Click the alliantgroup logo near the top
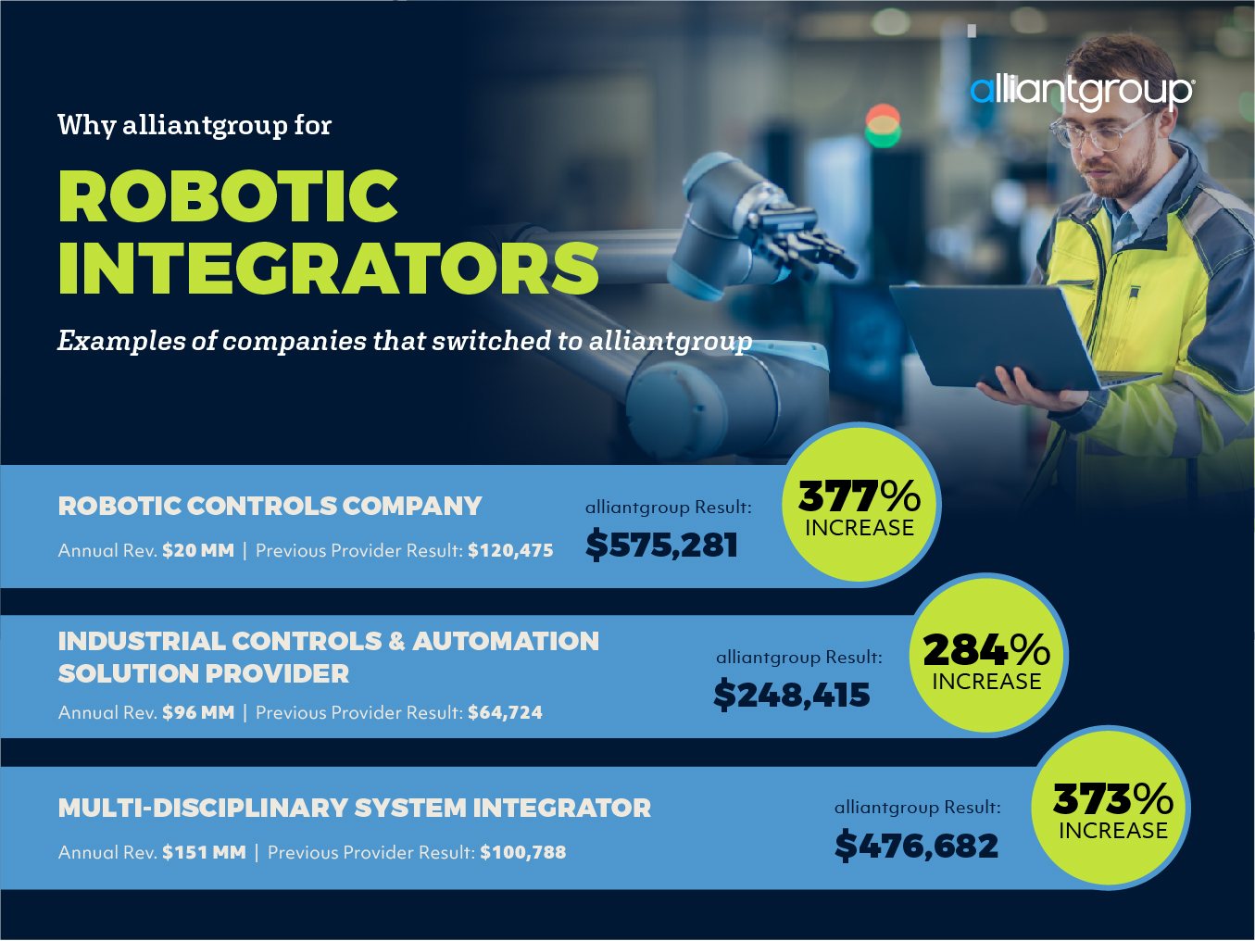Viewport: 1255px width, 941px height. tap(1081, 92)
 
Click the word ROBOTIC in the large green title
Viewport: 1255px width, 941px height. tap(228, 196)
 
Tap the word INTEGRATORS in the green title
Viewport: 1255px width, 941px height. tap(329, 268)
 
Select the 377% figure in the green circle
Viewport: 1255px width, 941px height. tap(859, 496)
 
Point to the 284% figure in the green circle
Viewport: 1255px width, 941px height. tap(986, 649)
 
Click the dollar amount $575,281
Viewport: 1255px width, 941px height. tap(661, 545)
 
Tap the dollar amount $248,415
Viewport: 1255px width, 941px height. tap(792, 696)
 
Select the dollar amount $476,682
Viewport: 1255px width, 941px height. tap(917, 846)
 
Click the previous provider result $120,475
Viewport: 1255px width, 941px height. tap(510, 550)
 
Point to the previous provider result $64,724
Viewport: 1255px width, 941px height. tap(506, 712)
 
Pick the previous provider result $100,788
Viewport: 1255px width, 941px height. tap(523, 852)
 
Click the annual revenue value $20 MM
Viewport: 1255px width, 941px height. tap(198, 550)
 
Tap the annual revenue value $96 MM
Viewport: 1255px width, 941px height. tap(198, 712)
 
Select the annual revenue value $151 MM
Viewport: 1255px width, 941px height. tap(204, 852)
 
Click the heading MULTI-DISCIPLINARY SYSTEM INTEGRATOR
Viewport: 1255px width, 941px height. tap(355, 808)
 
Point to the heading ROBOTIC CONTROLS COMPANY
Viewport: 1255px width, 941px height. tap(270, 506)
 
